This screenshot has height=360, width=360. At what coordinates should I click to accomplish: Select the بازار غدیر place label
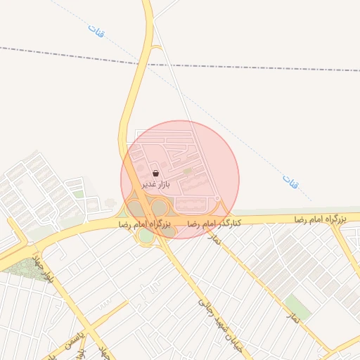(x=156, y=184)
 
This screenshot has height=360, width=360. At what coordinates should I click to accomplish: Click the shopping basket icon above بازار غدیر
(x=155, y=173)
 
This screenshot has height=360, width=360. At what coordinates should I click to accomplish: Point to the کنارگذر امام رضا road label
(x=213, y=222)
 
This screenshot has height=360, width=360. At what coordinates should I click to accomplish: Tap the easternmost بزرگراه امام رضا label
(x=321, y=220)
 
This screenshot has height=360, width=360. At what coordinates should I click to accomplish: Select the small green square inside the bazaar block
(x=187, y=171)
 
